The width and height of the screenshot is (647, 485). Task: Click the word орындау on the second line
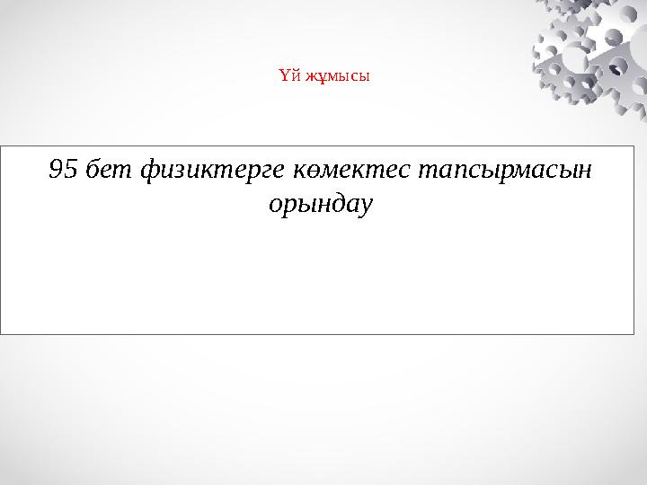pyautogui.click(x=321, y=206)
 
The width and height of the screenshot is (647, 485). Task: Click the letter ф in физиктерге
pyautogui.click(x=150, y=169)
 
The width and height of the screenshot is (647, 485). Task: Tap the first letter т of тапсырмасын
pyautogui.click(x=421, y=170)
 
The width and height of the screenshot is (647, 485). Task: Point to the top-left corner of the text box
pyautogui.click(x=1, y=144)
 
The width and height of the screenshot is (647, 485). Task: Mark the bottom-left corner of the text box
pyautogui.click(x=1, y=334)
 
